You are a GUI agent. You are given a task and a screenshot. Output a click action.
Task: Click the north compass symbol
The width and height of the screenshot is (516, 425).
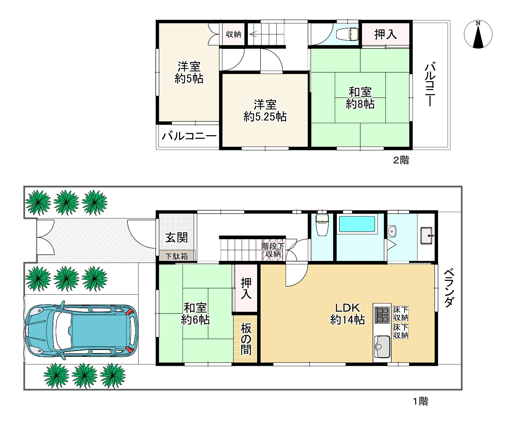478,34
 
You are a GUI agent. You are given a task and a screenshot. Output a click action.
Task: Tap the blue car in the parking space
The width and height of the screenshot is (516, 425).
81,330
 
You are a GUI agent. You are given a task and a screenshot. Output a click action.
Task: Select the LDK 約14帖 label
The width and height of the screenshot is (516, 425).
348,314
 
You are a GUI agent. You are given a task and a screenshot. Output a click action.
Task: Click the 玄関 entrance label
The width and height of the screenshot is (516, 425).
176,237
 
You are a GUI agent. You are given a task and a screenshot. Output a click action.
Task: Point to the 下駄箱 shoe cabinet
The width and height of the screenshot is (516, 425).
177,256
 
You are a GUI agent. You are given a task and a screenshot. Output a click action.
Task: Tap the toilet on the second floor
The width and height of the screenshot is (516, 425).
348,34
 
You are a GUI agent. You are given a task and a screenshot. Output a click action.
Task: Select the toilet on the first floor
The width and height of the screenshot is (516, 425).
322,225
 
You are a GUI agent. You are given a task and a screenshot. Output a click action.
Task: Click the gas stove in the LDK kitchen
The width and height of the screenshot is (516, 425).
382,315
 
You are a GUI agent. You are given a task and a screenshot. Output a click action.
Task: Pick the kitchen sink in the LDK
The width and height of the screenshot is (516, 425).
382,347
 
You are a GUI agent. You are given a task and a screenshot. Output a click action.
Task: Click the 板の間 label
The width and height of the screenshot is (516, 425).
246,339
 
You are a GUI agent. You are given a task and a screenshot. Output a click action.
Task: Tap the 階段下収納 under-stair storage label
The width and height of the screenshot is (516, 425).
273,250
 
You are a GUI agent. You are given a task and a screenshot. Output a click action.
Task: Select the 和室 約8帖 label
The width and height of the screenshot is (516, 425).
360,98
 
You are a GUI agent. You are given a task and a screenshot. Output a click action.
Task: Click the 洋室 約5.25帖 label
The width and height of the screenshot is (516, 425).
265,111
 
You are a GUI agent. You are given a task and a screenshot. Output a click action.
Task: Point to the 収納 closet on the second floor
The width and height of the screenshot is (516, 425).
233,34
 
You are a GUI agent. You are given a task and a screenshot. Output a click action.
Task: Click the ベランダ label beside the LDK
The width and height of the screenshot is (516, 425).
449,288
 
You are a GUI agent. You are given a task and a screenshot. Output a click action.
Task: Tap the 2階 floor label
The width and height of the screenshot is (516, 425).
401,160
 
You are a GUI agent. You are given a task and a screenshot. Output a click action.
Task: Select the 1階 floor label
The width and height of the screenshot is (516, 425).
420,401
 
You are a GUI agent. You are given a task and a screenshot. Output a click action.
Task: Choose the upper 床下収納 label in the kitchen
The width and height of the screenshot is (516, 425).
401,314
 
